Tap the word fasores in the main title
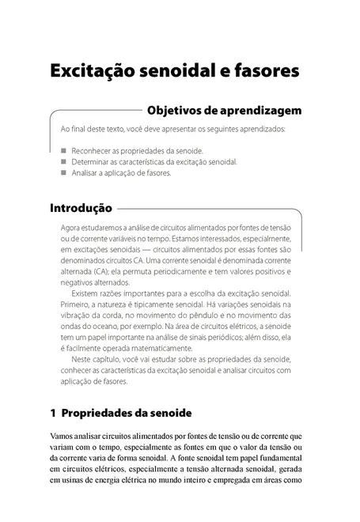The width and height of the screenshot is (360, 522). (262, 70)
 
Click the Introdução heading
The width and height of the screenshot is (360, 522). (80, 210)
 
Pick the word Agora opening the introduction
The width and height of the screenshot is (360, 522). (73, 228)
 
